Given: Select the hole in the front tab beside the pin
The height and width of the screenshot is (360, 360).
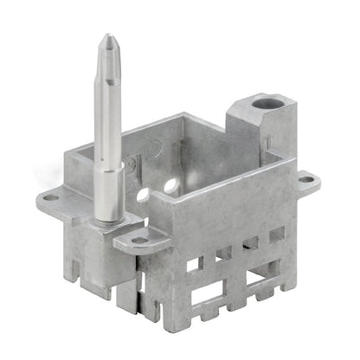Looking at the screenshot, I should (138, 240).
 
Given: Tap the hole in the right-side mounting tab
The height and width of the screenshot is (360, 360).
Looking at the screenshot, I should (305, 181).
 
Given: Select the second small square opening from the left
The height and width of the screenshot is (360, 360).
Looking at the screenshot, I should (223, 253).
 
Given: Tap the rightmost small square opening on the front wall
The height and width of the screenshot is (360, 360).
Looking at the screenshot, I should (276, 234).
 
